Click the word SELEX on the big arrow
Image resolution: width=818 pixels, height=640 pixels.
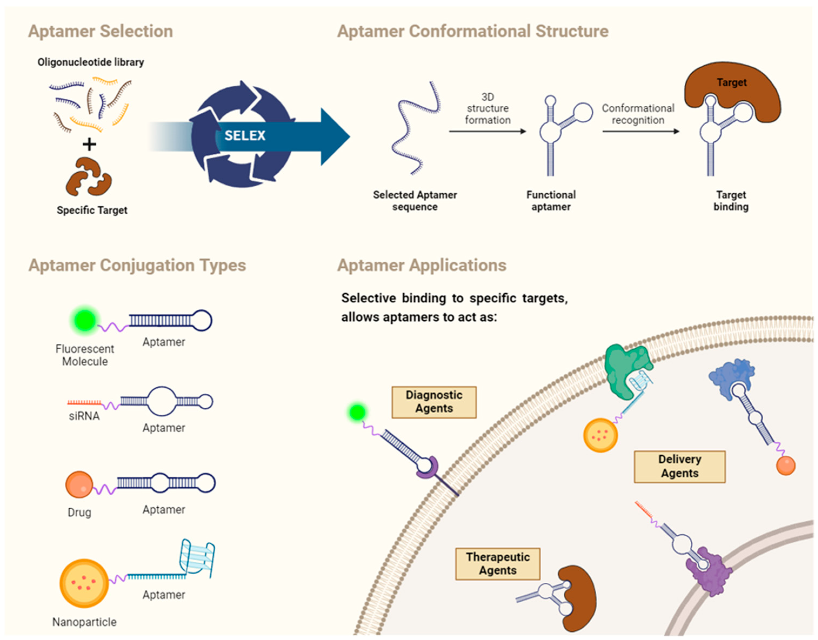pyautogui.click(x=245, y=135)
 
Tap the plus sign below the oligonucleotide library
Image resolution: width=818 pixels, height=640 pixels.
pyautogui.click(x=89, y=144)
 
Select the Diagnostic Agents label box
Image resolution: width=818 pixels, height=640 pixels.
pyautogui.click(x=434, y=402)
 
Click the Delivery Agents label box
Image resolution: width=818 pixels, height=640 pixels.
pyautogui.click(x=679, y=467)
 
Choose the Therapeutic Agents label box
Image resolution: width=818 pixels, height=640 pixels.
pyautogui.click(x=498, y=564)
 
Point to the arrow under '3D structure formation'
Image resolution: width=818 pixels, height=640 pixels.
pyautogui.click(x=487, y=131)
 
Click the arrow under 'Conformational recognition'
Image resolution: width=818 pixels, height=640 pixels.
pyautogui.click(x=641, y=131)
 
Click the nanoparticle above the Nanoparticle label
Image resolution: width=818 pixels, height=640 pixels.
pyautogui.click(x=84, y=584)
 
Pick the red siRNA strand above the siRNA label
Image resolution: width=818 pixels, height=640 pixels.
pyautogui.click(x=84, y=403)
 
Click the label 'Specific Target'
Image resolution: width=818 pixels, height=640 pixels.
pyautogui.click(x=92, y=210)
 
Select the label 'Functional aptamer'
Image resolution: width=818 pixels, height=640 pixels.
pyautogui.click(x=551, y=201)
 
